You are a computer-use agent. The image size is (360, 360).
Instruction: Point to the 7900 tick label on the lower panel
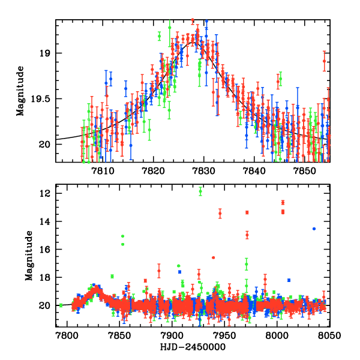[172, 335]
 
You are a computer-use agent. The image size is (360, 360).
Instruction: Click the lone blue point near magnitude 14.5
[314, 229]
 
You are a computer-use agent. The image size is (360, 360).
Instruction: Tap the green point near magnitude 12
[200, 191]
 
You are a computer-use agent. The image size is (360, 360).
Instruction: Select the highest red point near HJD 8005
[283, 202]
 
